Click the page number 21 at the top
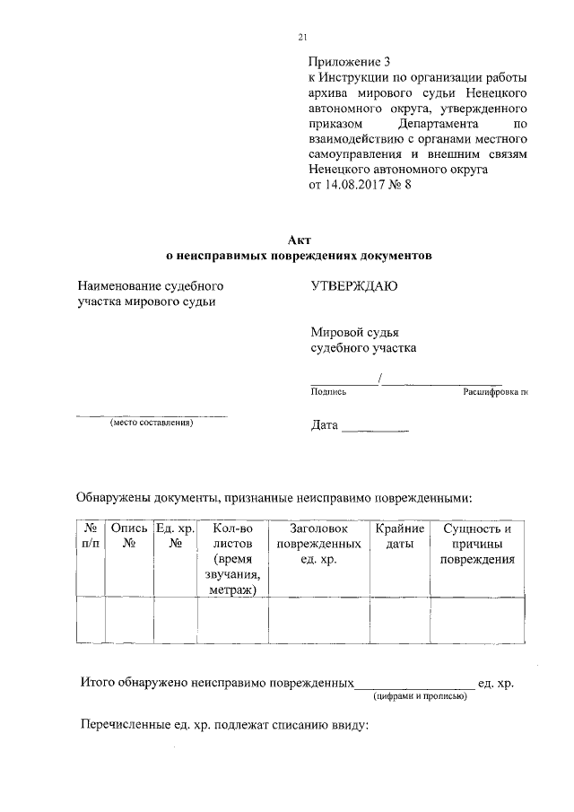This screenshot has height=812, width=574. [x=302, y=37]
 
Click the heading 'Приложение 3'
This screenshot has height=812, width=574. [x=350, y=63]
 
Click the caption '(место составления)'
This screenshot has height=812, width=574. [x=152, y=423]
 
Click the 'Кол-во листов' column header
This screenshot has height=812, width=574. [x=232, y=559]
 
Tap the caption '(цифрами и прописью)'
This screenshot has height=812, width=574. [x=420, y=695]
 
